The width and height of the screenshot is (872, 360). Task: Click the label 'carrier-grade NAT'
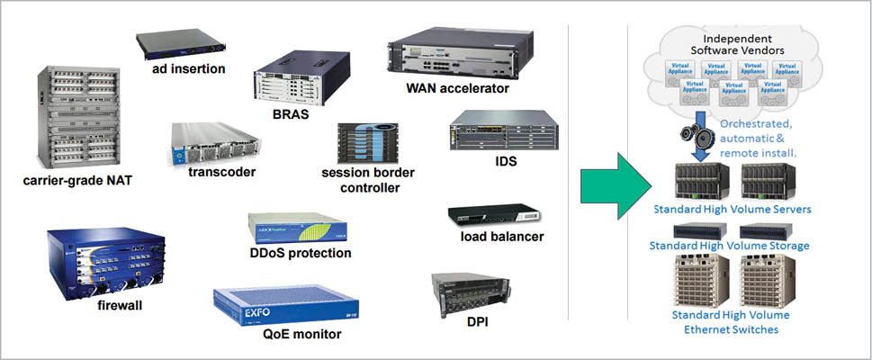point(77,181)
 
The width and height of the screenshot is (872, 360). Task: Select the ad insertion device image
point(177,44)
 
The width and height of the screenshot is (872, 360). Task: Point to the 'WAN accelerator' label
point(457,88)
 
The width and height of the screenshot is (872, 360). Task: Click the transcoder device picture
point(214,144)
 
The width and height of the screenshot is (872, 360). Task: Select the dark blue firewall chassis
point(106,261)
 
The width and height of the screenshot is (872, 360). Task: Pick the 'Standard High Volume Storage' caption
point(730,245)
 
